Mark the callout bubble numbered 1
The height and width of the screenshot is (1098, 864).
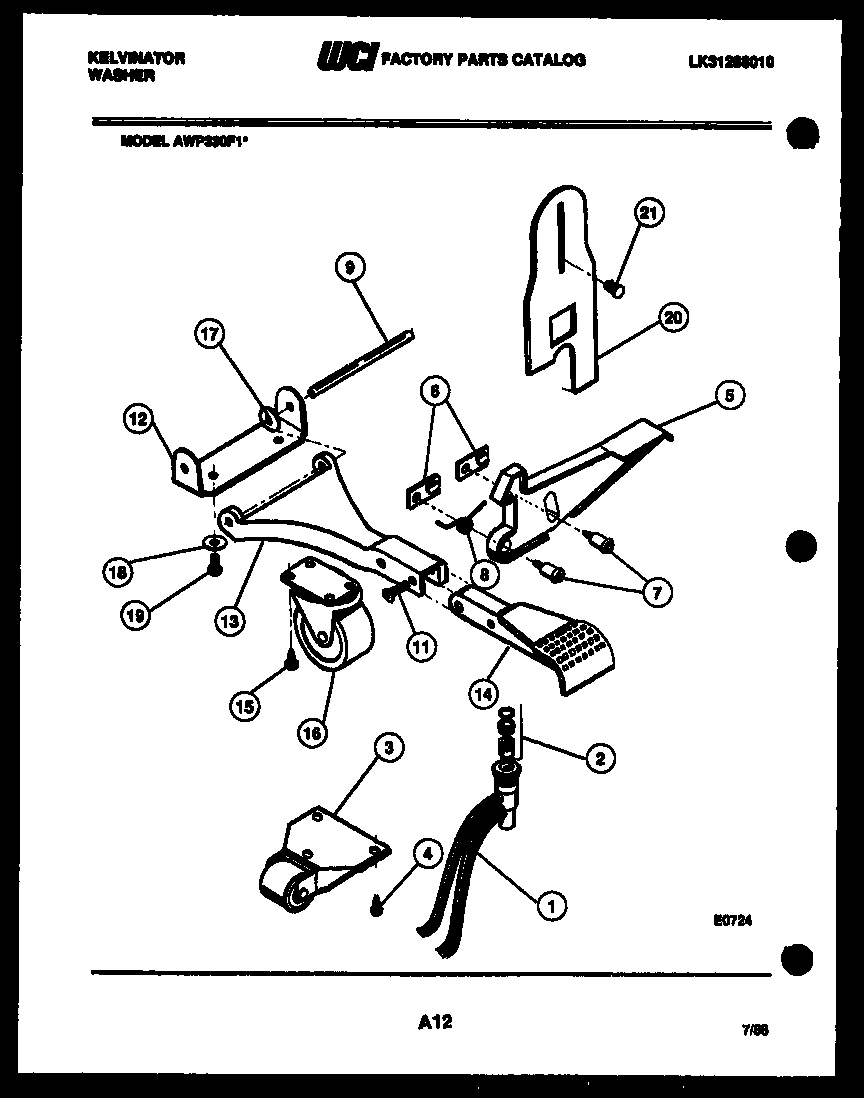[549, 906]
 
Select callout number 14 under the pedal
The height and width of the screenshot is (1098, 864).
[483, 691]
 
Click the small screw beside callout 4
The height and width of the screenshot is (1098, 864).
[377, 908]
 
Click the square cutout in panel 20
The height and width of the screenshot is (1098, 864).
[563, 322]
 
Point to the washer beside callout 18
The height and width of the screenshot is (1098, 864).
[213, 542]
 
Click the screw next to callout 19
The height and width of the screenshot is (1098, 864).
[213, 566]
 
